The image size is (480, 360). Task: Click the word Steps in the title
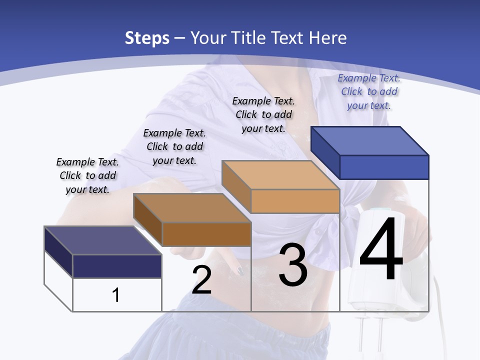pos(146,38)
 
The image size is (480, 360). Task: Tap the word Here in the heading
pos(327,38)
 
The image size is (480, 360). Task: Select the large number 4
pos(381,250)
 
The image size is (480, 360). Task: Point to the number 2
pos(201,280)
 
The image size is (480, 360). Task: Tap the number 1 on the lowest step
pos(116,295)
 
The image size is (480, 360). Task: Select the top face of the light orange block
pos(280,175)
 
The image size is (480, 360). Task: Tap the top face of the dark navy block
pos(102,240)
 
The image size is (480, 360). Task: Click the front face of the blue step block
pos(384,167)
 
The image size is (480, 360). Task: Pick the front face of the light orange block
pos(295,201)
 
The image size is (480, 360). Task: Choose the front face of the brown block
pos(206,234)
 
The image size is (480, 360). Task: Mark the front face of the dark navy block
pos(117,266)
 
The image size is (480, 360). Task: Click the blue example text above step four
pos(369,91)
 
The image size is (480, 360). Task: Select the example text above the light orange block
pos(263,114)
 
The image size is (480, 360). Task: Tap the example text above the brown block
pos(174,146)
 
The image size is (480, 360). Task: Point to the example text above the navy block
pos(87,175)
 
